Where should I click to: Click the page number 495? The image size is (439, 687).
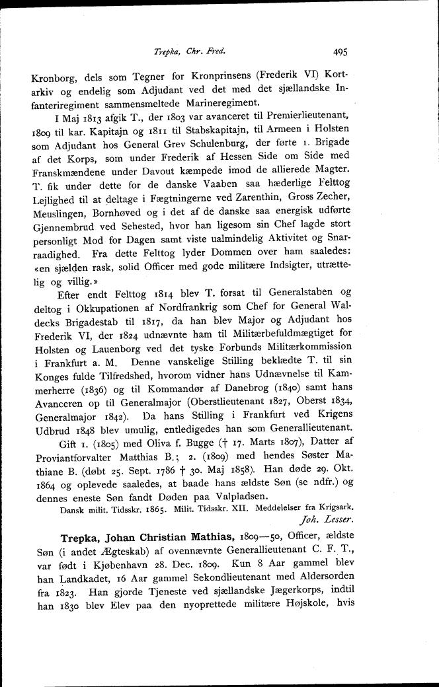[x=341, y=50]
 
